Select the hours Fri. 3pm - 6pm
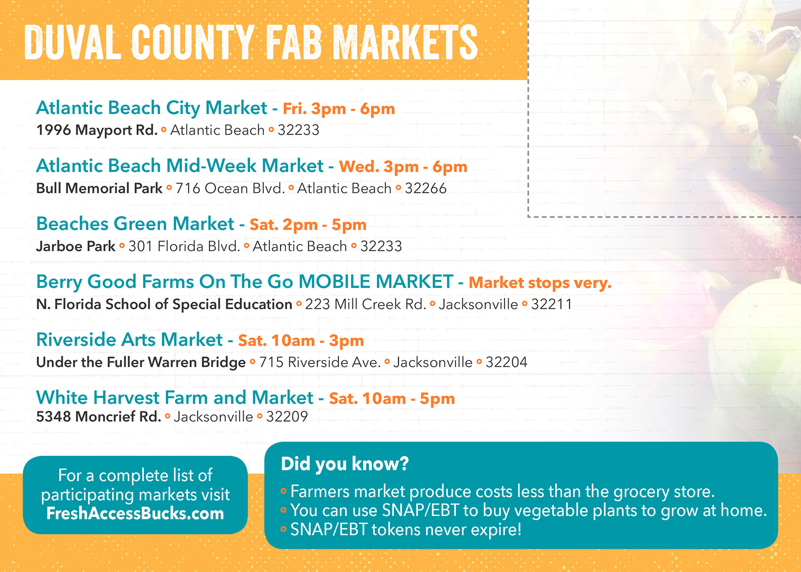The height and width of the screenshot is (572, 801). coord(339,109)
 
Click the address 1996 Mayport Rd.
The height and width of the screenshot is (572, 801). coord(97,130)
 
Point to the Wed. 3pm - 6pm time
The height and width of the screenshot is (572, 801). coord(403,167)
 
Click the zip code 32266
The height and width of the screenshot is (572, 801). coord(425,188)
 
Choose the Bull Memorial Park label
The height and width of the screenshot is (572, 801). coord(99,188)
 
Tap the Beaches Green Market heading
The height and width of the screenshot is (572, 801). coord(135,224)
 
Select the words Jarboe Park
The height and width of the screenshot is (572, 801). coord(76,246)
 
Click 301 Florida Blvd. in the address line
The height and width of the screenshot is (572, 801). coord(184,246)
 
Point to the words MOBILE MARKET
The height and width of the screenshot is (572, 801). coord(376,282)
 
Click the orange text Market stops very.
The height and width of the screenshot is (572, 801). coord(540,283)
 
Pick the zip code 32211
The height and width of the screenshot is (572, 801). coord(552,304)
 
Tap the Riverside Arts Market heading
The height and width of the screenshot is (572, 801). coord(130,340)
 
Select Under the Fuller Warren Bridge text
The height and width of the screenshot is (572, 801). coord(141,362)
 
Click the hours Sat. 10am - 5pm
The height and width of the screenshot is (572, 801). coord(392,399)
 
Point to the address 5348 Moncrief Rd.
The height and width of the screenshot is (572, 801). coord(98,417)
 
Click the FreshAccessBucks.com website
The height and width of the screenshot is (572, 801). coord(135,514)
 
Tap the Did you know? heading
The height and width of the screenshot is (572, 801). coord(345,464)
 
